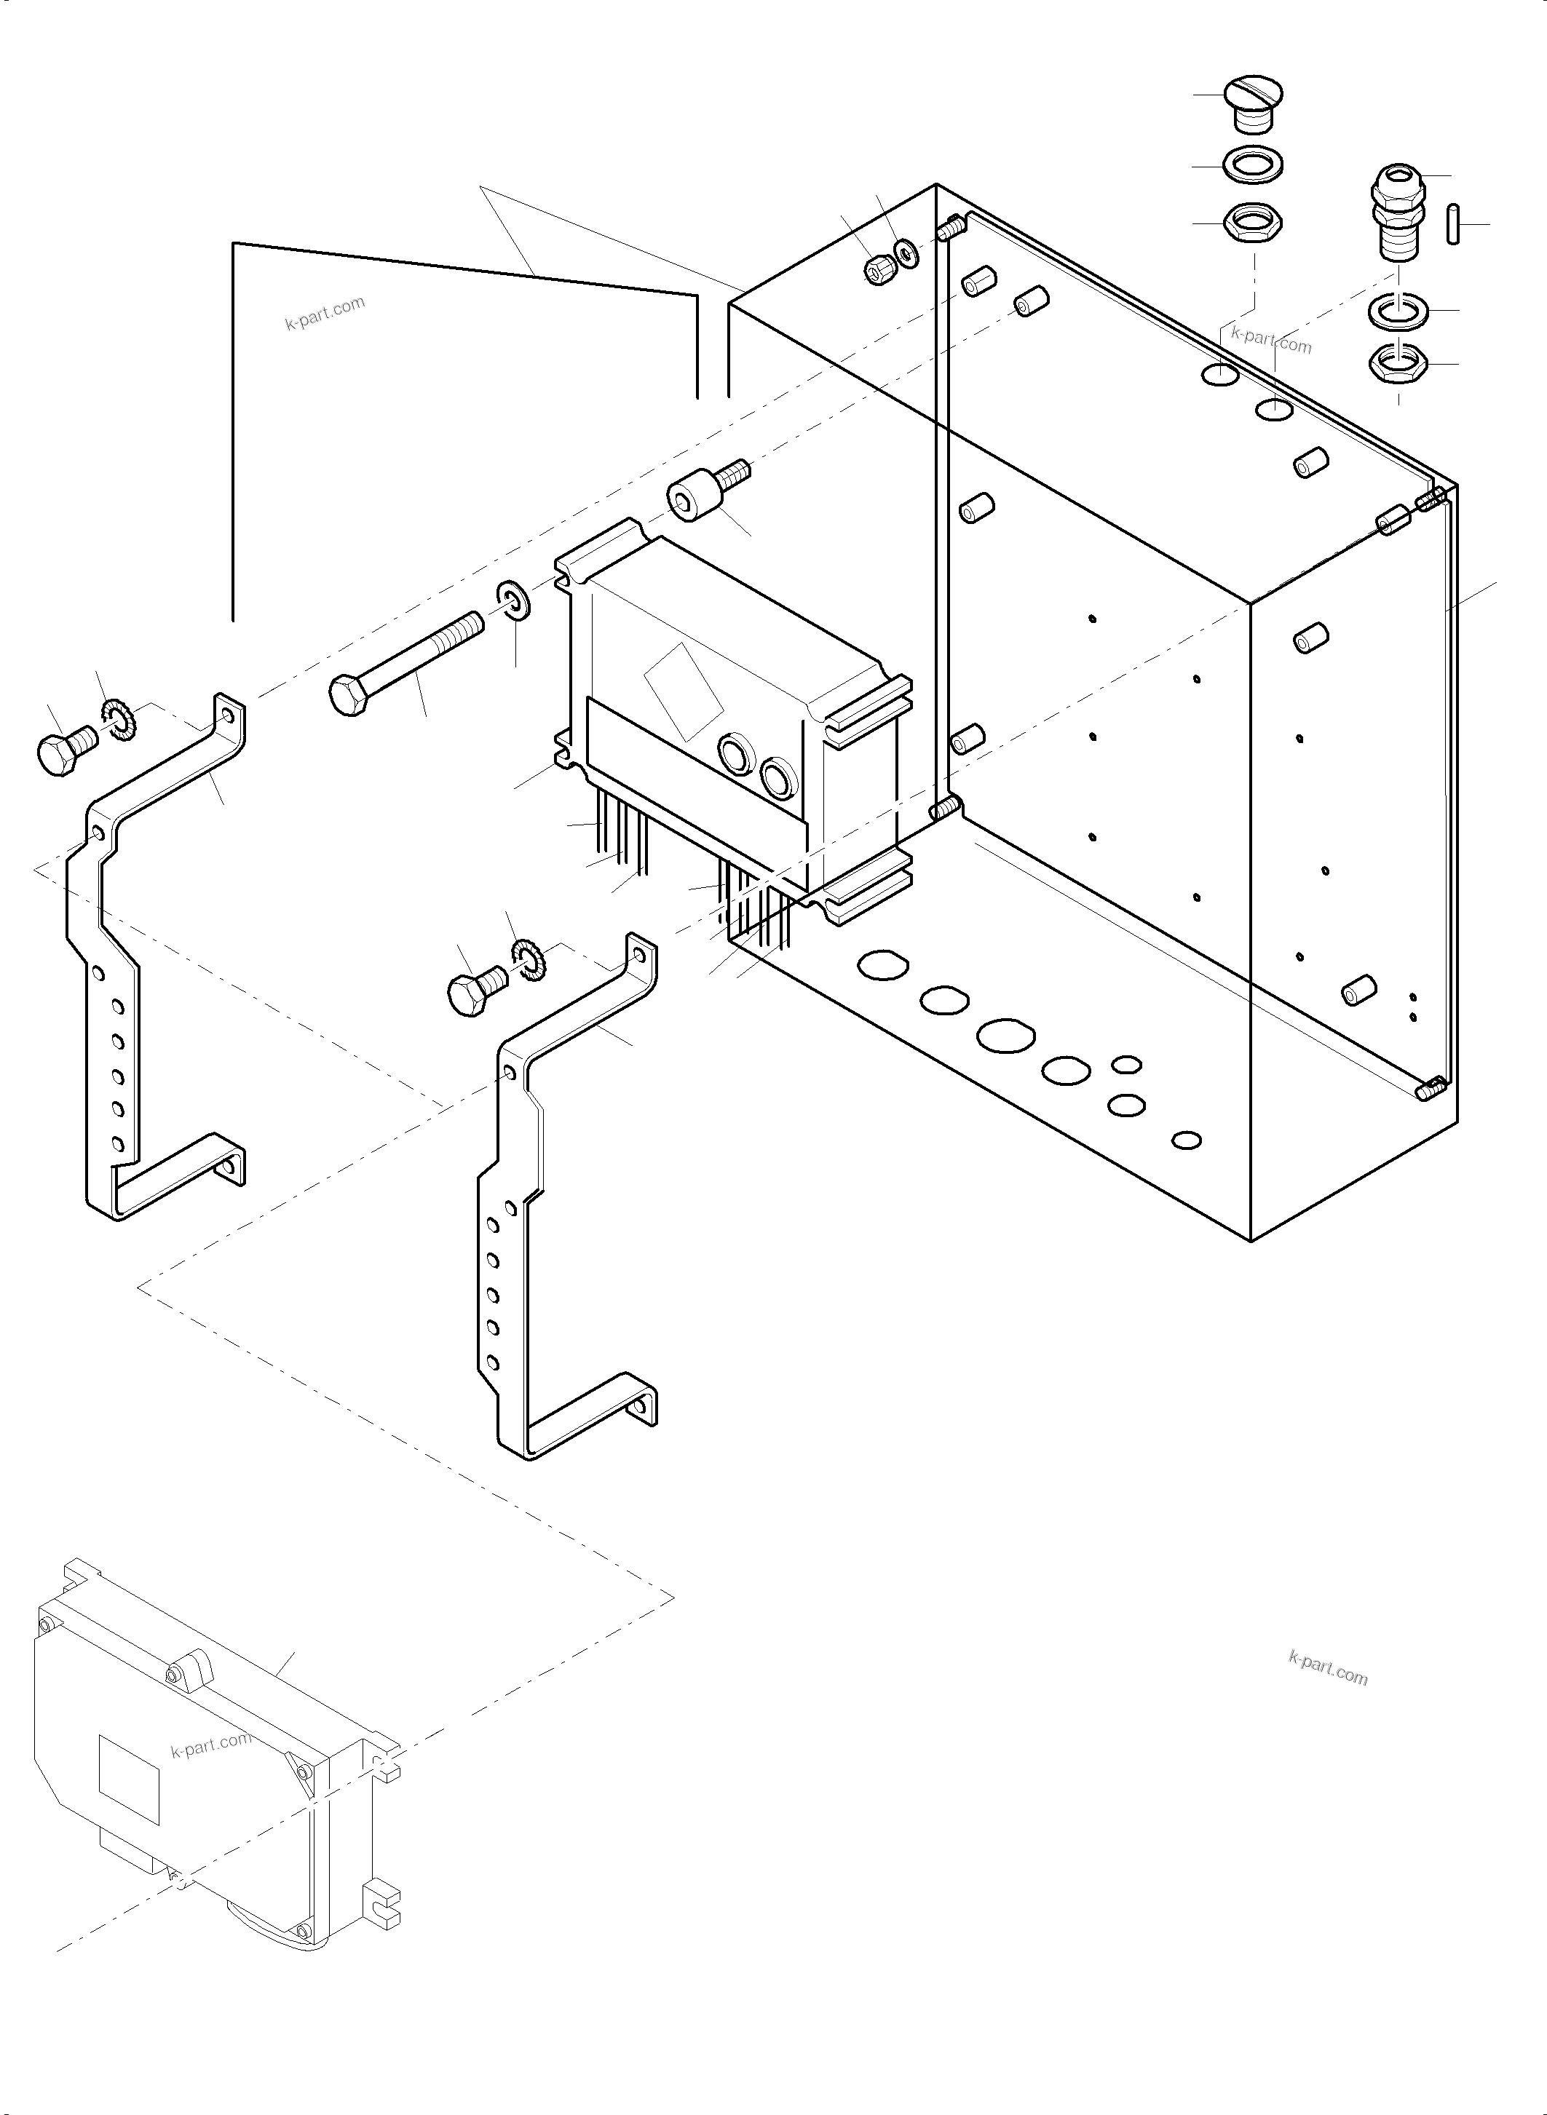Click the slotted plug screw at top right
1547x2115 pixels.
point(1253,101)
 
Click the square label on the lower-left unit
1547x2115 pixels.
point(130,1779)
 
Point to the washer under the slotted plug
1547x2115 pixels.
point(1253,164)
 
